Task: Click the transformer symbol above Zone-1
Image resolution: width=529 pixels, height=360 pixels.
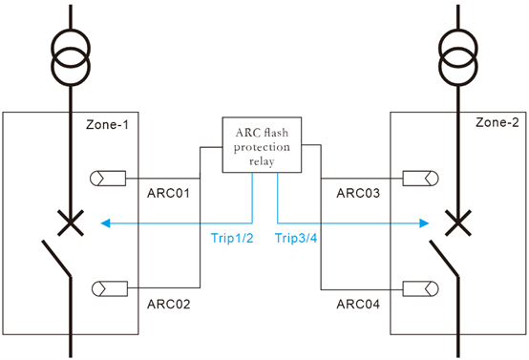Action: pyautogui.click(x=71, y=61)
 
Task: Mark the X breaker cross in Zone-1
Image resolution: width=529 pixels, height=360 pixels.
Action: pyautogui.click(x=71, y=224)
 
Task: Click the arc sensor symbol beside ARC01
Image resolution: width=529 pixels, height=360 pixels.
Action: pyautogui.click(x=103, y=178)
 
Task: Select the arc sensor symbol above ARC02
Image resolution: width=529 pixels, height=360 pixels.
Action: pyautogui.click(x=103, y=286)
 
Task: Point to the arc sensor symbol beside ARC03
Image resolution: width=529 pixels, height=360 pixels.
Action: pyautogui.click(x=419, y=178)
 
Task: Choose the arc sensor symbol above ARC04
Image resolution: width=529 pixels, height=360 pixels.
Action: pyautogui.click(x=419, y=286)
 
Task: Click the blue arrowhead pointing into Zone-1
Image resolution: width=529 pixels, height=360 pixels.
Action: pyautogui.click(x=104, y=224)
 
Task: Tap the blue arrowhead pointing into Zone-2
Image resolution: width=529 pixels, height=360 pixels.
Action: pyautogui.click(x=421, y=224)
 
